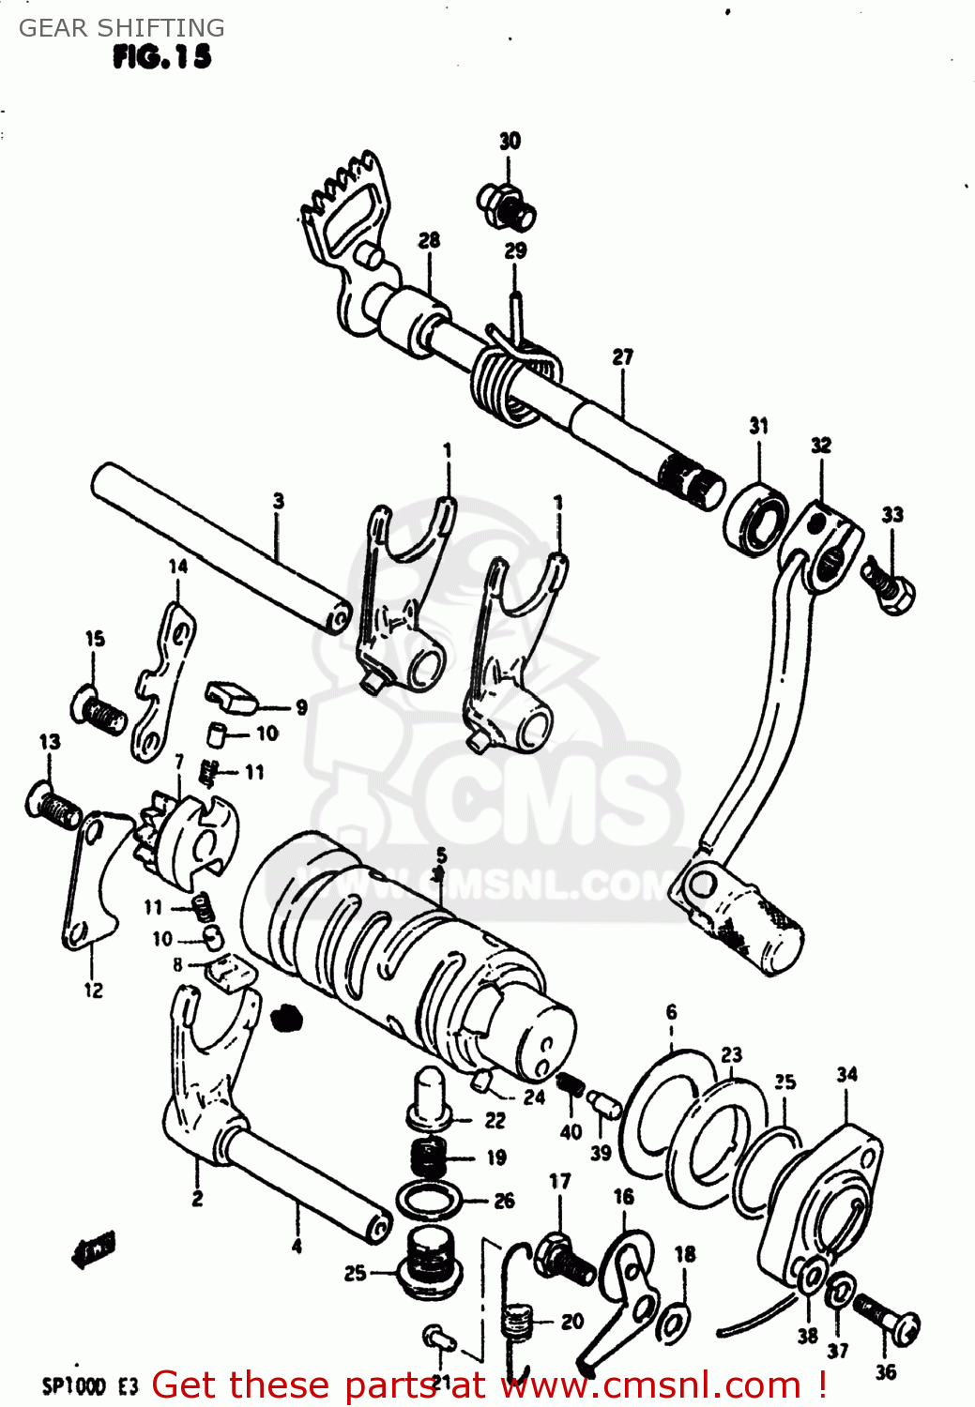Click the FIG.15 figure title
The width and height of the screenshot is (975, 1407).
pos(161,57)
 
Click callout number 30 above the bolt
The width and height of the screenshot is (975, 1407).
pos(510,141)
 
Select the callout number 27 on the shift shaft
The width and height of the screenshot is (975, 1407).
pos(623,357)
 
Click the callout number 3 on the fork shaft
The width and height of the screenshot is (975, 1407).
pos(279,501)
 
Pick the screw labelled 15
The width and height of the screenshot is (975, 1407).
pos(99,712)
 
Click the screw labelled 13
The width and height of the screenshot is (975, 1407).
pos(54,804)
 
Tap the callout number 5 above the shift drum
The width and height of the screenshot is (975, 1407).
pos(441,855)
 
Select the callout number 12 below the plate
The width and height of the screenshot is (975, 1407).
pos(93,990)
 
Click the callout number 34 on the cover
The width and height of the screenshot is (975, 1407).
pos(847,1074)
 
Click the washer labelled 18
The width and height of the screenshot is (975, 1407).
pos(672,1320)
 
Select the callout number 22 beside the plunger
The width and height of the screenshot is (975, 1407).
pos(495,1120)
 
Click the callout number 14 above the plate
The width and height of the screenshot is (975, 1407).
pos(178,566)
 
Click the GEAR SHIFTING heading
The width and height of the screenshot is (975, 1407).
pos(122,28)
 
